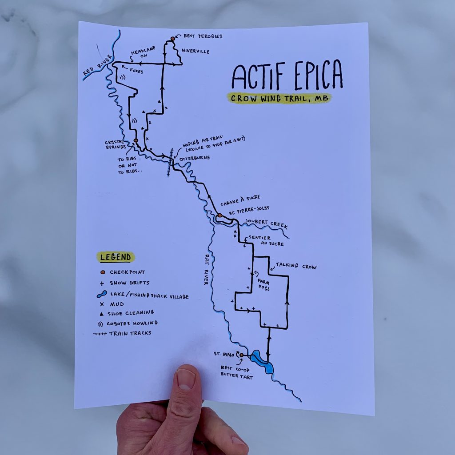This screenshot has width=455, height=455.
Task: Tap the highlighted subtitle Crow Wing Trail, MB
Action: [279, 99]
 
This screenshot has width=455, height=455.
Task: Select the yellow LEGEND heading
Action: [116, 257]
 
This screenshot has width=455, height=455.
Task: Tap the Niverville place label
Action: [196, 52]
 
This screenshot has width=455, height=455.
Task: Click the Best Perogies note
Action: [203, 36]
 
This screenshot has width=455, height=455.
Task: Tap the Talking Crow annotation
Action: [296, 267]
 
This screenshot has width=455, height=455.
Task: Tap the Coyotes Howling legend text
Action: [132, 323]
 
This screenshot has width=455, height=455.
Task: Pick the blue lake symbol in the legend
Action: [101, 295]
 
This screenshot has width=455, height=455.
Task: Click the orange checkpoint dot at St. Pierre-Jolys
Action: [220, 216]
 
